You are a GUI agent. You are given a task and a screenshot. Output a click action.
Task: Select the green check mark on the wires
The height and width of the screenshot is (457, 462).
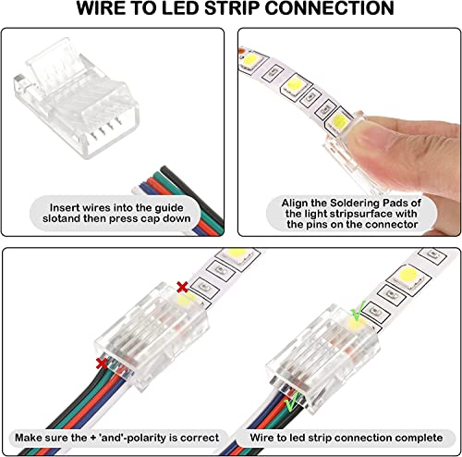coord(290,405)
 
